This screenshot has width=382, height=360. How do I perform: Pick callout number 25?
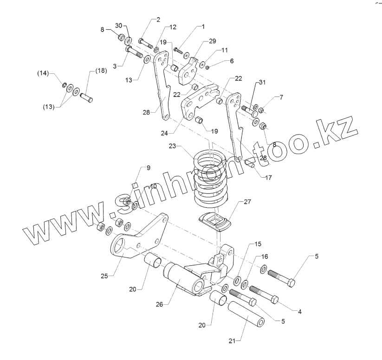105,276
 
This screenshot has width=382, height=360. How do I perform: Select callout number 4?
300,311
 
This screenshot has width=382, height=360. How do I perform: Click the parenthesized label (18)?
101,71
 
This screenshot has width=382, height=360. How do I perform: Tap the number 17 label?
269,177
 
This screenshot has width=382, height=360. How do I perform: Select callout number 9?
148,168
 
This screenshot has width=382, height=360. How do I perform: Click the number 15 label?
258,244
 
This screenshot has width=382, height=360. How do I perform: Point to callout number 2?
158,19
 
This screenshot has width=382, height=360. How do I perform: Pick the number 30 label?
118,25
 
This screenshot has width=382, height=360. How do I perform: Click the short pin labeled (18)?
87,98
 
